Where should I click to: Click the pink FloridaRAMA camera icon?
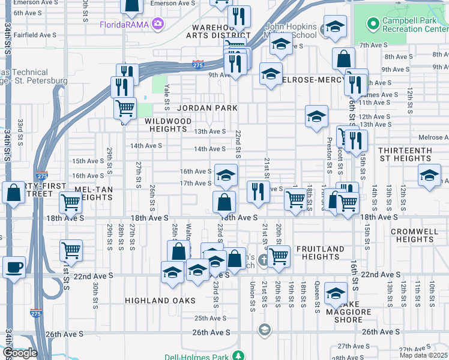tap(158, 24)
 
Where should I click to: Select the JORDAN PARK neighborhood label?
tap(207, 108)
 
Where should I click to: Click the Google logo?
tap(20, 353)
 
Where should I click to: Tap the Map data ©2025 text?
tap(424, 355)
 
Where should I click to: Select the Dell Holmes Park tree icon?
tap(239, 356)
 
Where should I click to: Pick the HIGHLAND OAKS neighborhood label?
tap(160, 300)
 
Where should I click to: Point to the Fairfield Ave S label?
tap(34, 35)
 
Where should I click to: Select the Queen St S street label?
tap(316, 298)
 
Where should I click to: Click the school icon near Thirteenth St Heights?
tap(429, 175)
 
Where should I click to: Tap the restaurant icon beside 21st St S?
tap(258, 191)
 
